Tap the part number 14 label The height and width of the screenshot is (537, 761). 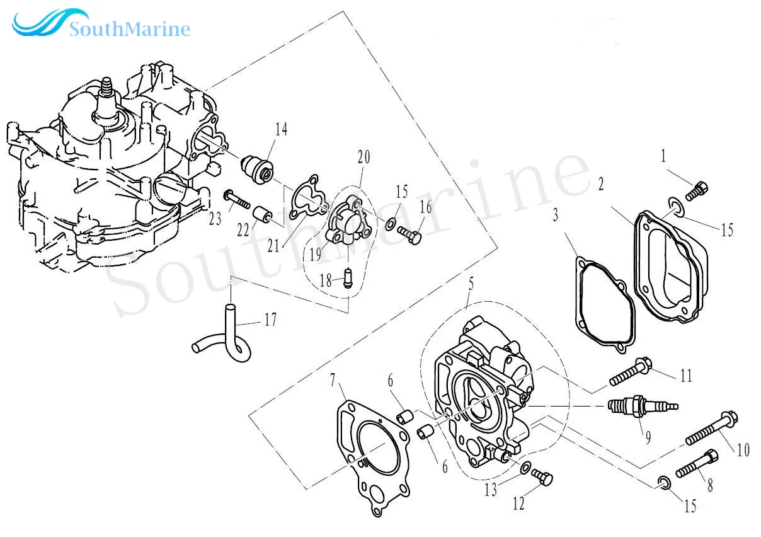tap(280, 130)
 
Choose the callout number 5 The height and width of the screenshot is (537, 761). tap(469, 285)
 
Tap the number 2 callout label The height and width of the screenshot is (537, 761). tap(601, 185)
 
